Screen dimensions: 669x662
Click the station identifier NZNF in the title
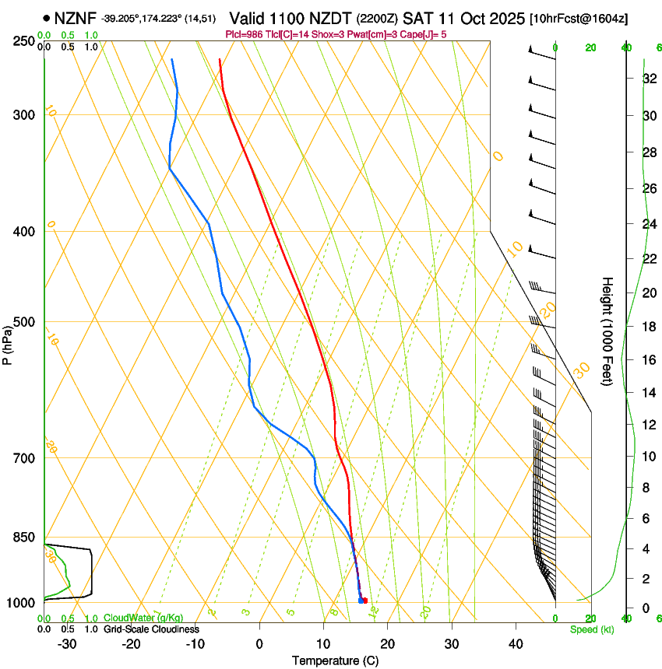coord(76,17)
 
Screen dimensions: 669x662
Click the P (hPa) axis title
coord(8,343)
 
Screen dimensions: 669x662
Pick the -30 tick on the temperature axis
coord(67,643)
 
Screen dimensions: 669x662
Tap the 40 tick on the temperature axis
coord(516,643)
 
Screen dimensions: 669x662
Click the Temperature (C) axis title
coord(335,660)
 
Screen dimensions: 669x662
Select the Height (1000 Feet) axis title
coord(607,331)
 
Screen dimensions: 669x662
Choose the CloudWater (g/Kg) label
coord(143,618)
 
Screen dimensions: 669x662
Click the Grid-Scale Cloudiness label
coord(150,629)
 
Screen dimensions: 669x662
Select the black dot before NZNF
coord(48,17)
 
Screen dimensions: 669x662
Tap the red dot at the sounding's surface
coord(365,600)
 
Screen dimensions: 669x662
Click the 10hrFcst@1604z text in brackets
coord(579,18)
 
